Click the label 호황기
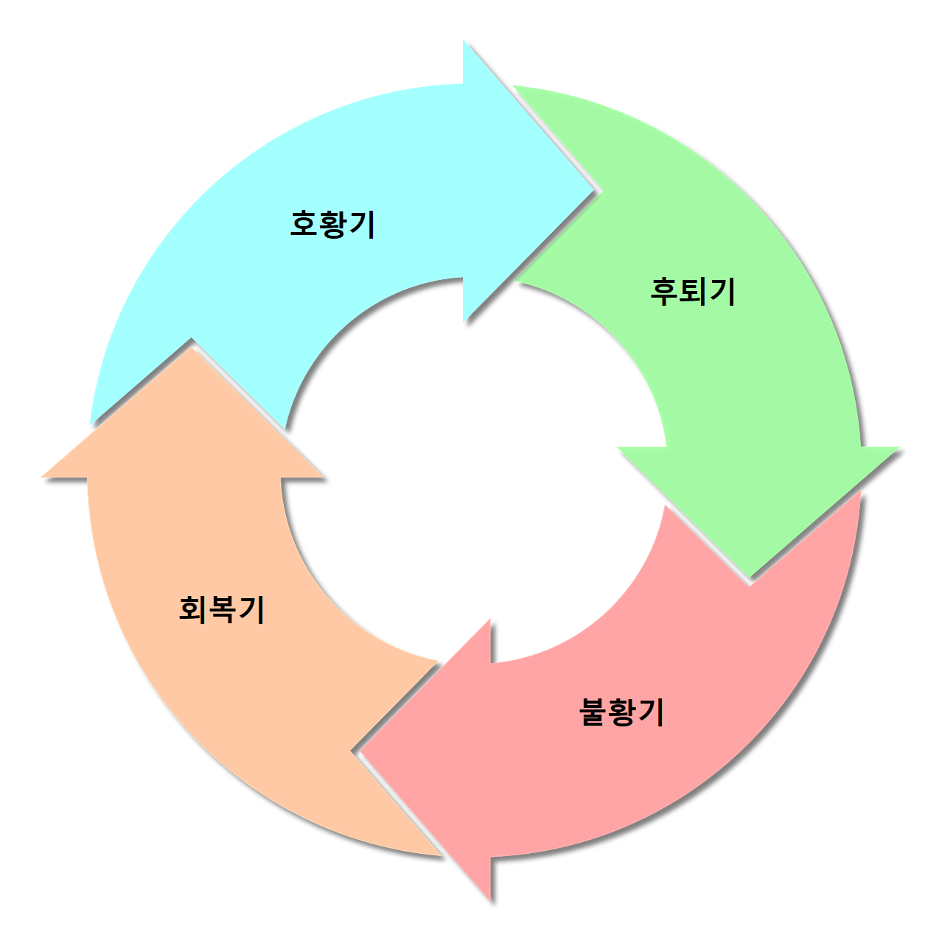click(333, 223)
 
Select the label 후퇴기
click(693, 291)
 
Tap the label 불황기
click(623, 712)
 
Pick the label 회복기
click(222, 609)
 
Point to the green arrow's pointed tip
click(750, 576)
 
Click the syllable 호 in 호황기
click(304, 223)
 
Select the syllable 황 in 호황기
click(333, 223)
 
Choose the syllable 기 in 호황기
click(362, 223)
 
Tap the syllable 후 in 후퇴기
click(664, 291)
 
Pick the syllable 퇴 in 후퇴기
click(693, 291)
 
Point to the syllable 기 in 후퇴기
click(722, 291)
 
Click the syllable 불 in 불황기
click(594, 712)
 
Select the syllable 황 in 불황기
click(623, 712)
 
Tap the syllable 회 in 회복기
click(193, 609)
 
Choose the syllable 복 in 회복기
click(222, 609)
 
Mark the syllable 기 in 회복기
click(251, 609)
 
